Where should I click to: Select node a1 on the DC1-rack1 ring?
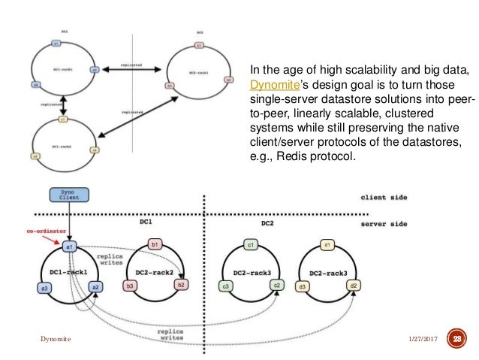69,246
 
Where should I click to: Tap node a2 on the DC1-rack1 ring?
95,286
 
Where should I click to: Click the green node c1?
250,245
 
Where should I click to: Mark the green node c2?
277,286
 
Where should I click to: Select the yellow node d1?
327,245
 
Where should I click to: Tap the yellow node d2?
353,286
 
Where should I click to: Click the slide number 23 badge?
456,339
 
